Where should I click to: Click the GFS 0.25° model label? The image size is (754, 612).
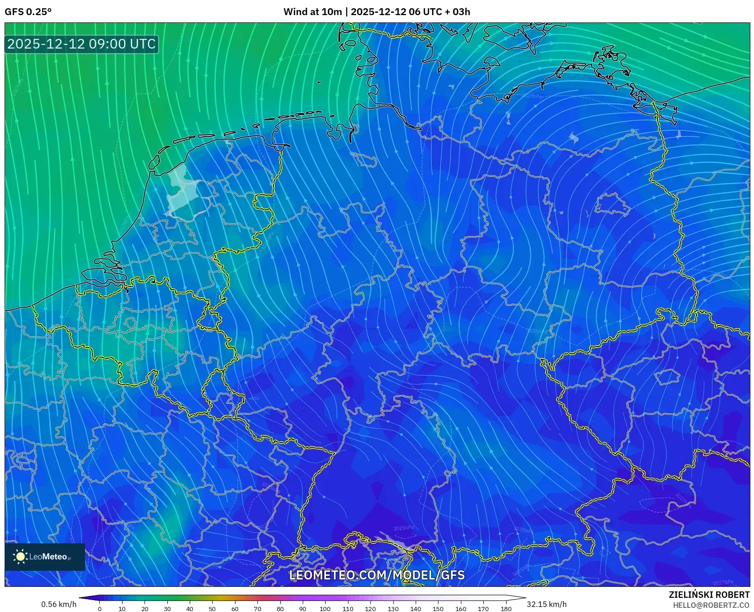point(28,12)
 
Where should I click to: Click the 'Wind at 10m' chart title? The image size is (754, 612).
point(312,12)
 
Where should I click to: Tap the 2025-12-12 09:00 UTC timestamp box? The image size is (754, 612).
point(81,44)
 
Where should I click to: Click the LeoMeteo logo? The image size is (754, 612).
point(45,557)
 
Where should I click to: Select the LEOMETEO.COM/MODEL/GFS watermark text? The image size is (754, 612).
point(377,575)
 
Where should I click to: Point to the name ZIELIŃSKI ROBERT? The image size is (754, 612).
point(709,595)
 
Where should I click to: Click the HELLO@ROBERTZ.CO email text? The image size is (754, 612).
point(711,605)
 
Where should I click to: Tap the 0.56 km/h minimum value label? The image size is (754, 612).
point(59,604)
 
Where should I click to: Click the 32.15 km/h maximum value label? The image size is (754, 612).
point(546,604)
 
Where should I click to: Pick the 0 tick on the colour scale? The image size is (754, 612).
point(100,609)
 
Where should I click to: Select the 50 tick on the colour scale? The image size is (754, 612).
point(212,609)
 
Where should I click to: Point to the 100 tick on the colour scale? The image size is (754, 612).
point(325,609)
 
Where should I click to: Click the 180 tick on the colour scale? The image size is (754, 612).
point(506,609)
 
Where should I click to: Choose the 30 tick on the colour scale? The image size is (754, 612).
point(167,609)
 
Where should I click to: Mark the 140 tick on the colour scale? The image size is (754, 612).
point(415,609)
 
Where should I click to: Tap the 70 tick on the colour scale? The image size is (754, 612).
point(257,609)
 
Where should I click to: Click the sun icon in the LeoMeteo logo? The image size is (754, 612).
point(20,557)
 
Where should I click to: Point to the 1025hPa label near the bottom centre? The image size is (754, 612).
point(403,528)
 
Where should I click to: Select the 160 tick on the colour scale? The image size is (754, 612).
point(460,609)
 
